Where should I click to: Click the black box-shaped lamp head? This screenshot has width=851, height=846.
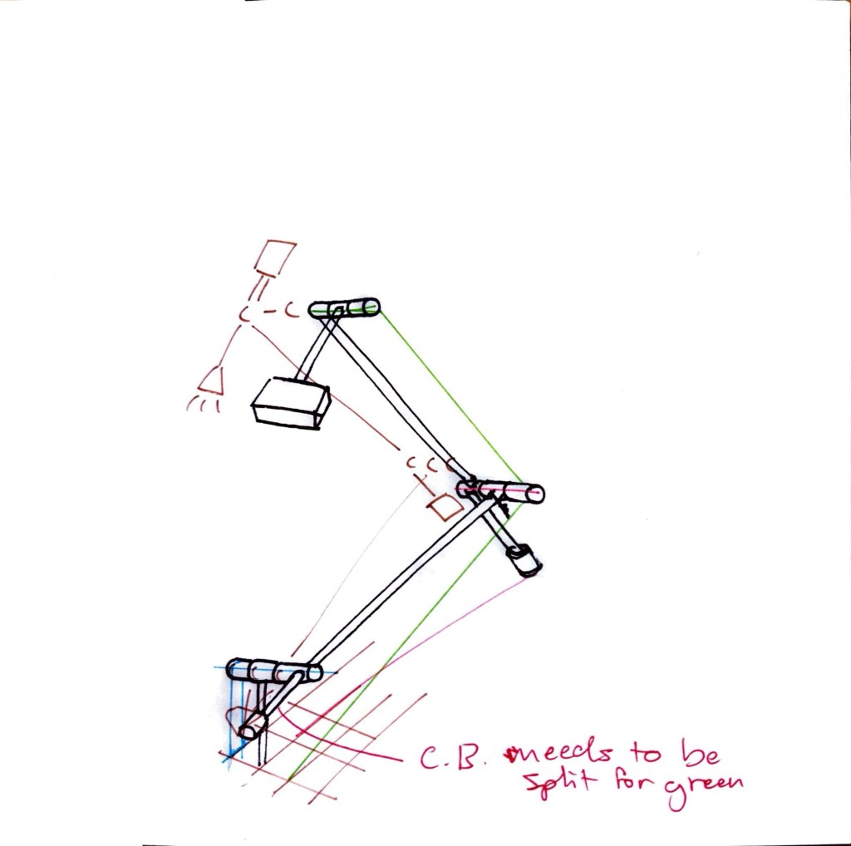291,403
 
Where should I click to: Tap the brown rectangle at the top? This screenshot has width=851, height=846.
276,258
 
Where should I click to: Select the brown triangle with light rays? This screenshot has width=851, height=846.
212,381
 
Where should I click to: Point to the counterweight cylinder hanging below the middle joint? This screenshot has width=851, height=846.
524,560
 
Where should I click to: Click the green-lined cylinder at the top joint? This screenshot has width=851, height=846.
343,308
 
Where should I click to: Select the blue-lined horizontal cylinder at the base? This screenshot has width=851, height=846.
274,671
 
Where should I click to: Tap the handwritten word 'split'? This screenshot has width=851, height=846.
560,781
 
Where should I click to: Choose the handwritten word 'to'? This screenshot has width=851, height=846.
645,752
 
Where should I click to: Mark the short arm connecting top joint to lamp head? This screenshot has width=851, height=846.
315,346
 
